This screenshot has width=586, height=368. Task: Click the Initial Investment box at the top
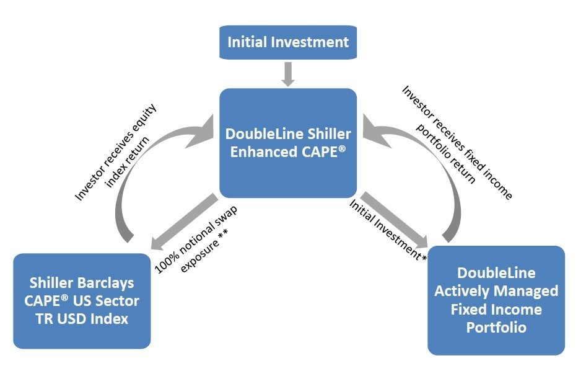(x=288, y=42)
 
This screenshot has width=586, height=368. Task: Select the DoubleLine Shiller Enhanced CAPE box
(x=288, y=143)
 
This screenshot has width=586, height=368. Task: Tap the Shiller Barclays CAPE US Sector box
(x=82, y=301)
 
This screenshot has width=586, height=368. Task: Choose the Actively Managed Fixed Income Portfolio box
(x=496, y=300)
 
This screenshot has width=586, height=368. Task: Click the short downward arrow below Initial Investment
(x=288, y=74)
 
